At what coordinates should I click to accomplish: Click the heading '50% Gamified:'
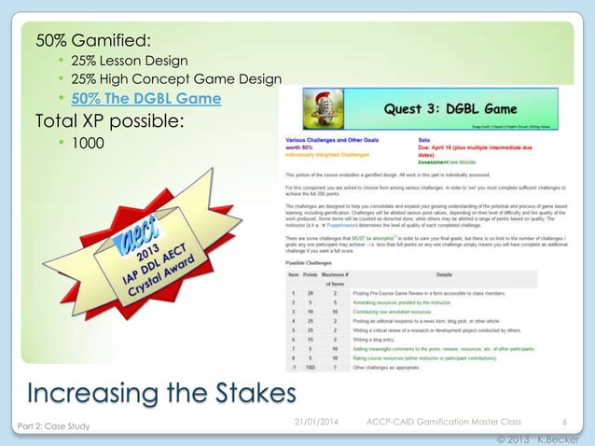pos(93,41)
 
